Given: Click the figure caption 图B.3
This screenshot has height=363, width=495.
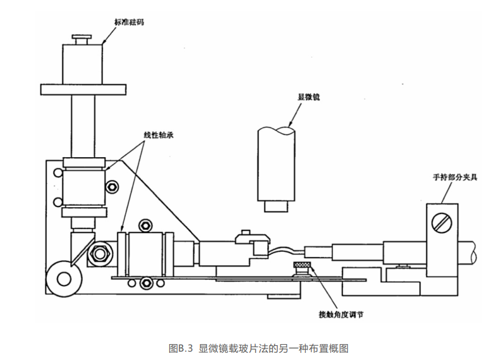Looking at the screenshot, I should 182,348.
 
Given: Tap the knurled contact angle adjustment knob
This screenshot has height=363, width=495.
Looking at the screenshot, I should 303,268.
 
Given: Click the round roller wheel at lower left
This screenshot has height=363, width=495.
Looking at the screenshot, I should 64,277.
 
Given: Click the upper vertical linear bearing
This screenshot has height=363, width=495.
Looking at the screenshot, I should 83,187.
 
